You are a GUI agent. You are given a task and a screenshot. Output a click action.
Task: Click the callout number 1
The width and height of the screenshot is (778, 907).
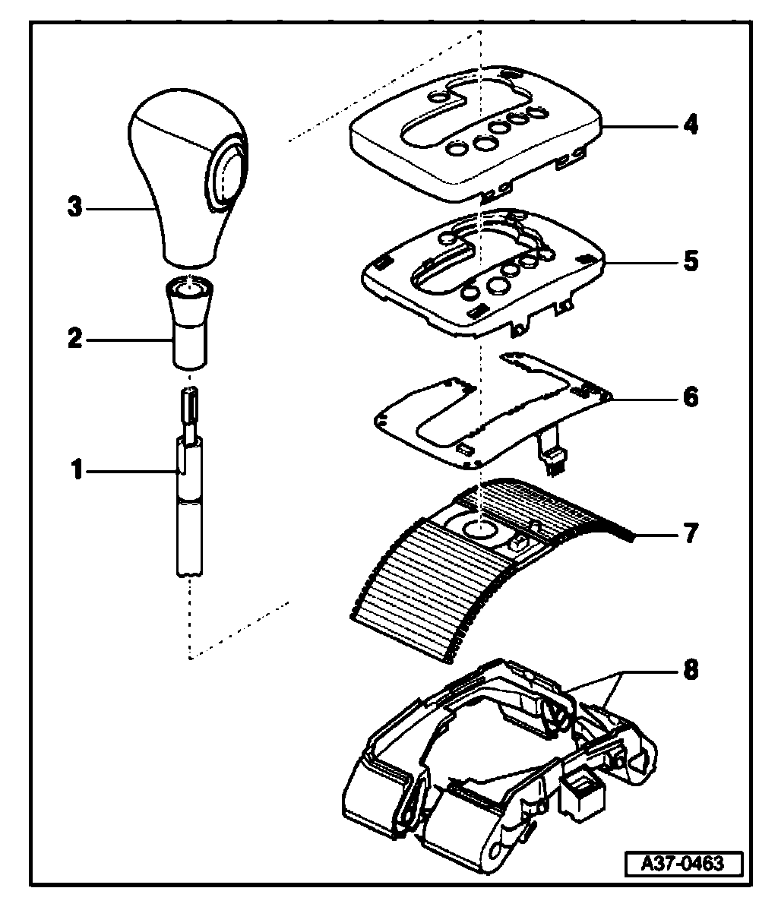[76, 471]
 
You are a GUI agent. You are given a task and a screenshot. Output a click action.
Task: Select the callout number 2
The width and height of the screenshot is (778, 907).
[74, 339]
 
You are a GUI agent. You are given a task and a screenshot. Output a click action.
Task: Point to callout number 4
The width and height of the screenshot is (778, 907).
[689, 124]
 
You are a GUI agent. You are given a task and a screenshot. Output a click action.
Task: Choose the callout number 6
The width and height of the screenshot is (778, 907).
[689, 397]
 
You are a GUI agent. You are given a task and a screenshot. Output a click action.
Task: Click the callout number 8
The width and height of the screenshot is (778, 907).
[689, 671]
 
